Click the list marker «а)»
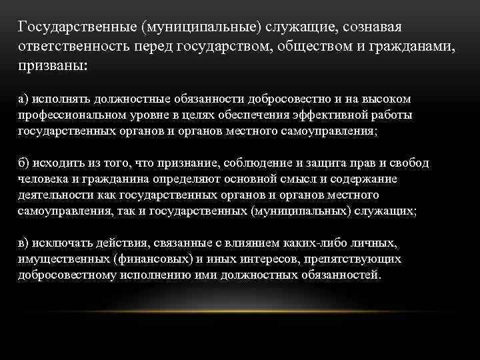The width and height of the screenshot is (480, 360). pyautogui.click(x=24, y=98)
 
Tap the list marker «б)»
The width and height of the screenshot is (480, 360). pyautogui.click(x=24, y=163)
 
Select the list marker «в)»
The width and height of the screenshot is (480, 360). pyautogui.click(x=24, y=243)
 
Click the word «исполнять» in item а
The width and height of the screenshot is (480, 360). pyautogui.click(x=58, y=98)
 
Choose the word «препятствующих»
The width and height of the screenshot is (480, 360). pyautogui.click(x=357, y=259)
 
